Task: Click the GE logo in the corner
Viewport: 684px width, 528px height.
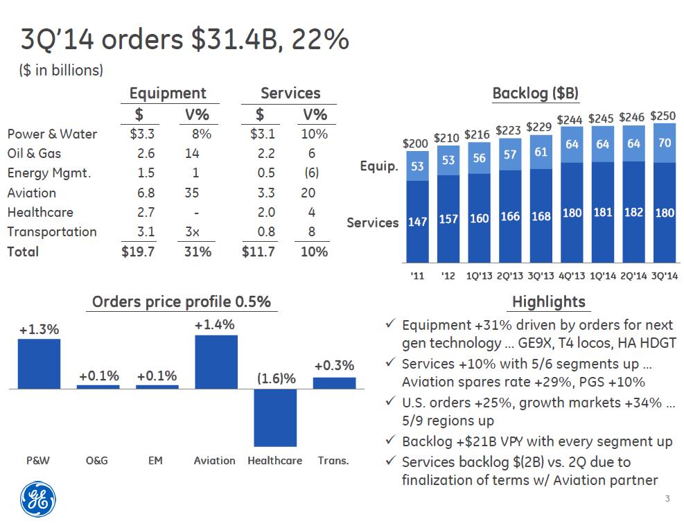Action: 37,498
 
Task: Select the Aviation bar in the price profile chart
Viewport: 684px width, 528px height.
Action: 216,362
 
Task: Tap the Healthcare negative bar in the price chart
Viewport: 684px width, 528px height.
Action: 275,417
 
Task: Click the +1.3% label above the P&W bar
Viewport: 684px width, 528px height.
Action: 39,330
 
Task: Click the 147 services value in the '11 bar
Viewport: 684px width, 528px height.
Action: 417,223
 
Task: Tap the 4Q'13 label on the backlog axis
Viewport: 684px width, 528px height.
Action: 571,275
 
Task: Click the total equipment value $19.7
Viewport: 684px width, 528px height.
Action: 139,252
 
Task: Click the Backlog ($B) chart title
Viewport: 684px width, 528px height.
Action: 535,94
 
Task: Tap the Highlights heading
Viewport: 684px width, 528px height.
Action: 548,301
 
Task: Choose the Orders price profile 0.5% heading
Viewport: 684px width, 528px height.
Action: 181,301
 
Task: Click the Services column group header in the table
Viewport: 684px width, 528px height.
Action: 290,94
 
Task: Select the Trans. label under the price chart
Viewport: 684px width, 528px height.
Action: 333,460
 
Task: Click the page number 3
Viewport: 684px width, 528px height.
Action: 667,500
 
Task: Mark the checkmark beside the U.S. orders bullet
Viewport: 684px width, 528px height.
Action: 390,403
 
